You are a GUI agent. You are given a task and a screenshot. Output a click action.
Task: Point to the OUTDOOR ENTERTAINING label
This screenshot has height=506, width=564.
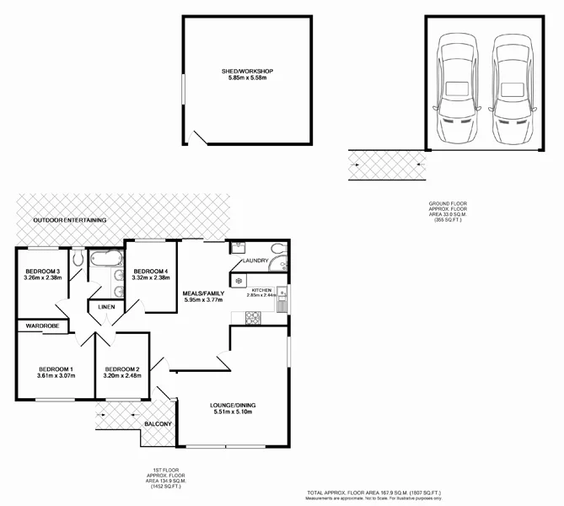(70, 220)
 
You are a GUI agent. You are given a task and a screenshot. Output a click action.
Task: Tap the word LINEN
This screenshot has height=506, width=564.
(106, 307)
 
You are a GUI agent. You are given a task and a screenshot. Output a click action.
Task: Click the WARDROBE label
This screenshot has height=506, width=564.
(41, 325)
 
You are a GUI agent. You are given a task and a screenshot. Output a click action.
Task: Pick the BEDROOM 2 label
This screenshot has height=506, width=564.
(121, 369)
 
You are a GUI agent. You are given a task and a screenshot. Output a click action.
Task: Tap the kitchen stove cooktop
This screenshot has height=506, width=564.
(252, 317)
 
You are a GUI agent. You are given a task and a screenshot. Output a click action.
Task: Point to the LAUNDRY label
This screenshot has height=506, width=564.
(255, 261)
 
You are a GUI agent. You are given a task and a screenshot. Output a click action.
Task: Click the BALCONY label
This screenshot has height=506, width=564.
(158, 423)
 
